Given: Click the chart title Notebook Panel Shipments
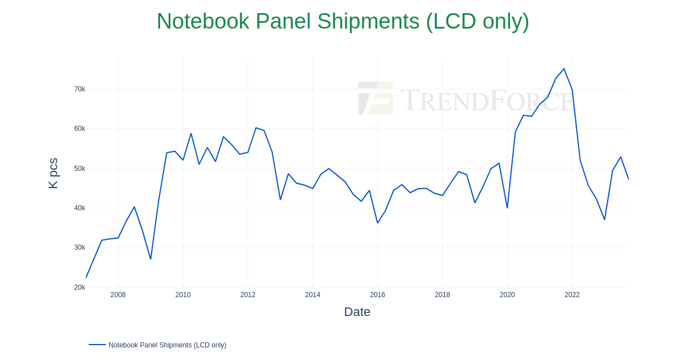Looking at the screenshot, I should point(342,22).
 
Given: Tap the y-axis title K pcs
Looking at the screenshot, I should point(53,173).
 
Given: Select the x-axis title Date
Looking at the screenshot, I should point(357,312).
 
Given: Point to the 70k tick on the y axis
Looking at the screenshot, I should point(79,89).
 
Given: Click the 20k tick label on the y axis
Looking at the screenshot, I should point(79,287).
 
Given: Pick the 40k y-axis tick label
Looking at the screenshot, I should point(79,208).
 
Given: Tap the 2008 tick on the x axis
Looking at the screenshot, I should point(118,295).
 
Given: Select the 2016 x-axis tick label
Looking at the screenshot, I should point(377,295).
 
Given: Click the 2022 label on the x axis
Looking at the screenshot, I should point(572,295).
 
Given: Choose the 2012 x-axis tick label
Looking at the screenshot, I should point(248,295).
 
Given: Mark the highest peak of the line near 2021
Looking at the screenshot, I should point(564,69).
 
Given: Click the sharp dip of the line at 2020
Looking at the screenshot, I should point(507,207).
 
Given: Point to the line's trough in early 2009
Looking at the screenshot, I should point(150,259).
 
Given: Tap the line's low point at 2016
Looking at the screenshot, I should point(377,223).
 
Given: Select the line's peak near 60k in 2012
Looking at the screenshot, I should point(256,128).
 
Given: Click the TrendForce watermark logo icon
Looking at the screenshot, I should point(376,98).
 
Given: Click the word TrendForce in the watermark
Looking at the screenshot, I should point(486,100).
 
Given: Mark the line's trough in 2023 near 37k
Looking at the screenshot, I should point(604,219).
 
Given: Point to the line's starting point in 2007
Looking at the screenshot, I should point(86,277).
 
